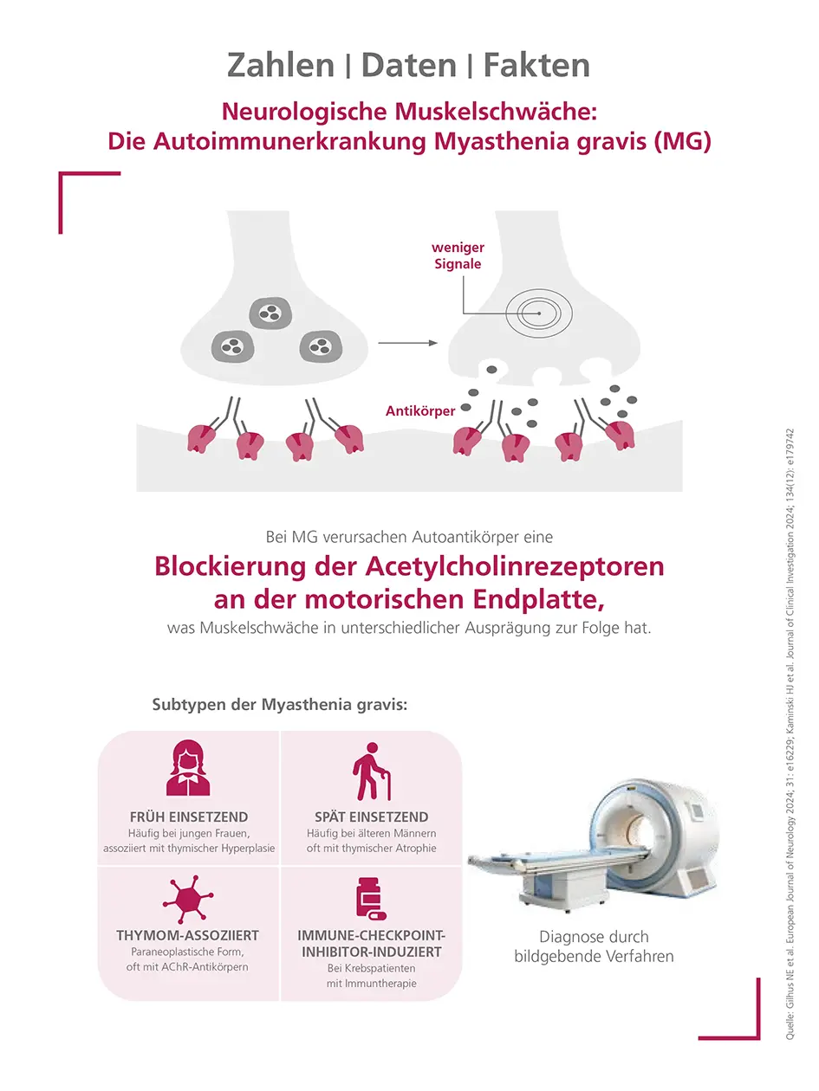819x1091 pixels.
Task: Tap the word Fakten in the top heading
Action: [536, 65]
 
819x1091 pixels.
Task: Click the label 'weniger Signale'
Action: [458, 255]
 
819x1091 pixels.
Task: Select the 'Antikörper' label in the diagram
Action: [420, 411]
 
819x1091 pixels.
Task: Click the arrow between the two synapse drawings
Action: [407, 344]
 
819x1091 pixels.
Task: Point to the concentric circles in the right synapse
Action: [539, 313]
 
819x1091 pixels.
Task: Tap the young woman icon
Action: [188, 768]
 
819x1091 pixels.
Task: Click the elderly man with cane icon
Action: [371, 771]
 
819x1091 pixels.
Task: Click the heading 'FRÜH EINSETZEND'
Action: [189, 817]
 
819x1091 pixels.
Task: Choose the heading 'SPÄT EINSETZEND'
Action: [371, 817]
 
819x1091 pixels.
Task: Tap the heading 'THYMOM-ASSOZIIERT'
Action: [188, 936]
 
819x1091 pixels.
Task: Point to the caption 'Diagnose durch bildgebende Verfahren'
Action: [594, 946]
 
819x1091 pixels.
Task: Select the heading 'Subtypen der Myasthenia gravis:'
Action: [279, 704]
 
